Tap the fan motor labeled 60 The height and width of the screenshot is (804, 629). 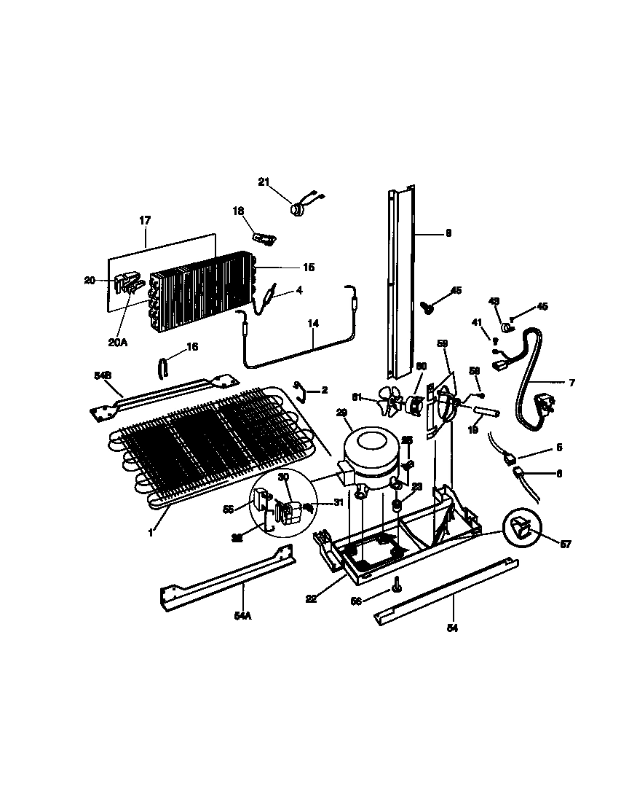417,405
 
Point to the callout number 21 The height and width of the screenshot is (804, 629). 264,182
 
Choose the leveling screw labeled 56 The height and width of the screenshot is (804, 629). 397,584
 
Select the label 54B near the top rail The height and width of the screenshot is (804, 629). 102,375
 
